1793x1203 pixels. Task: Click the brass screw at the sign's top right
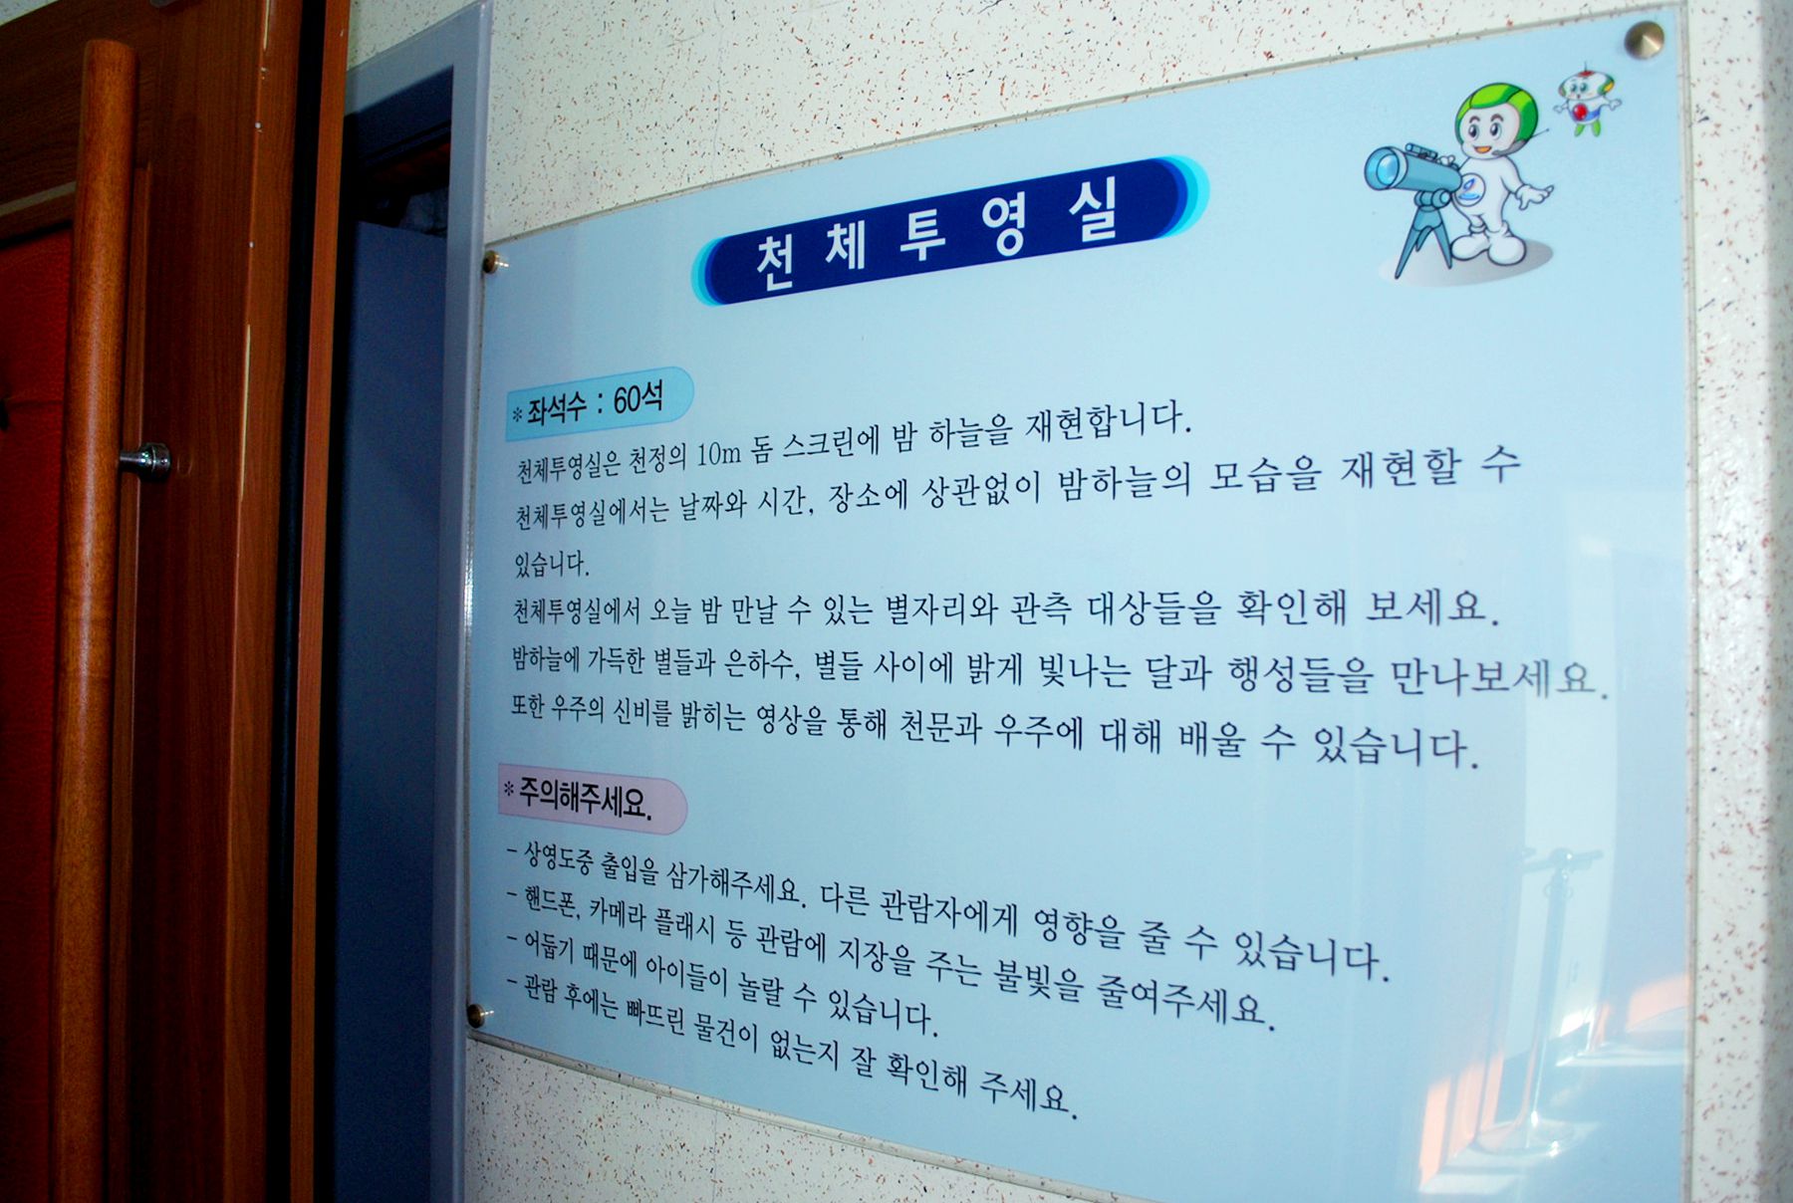click(x=1644, y=40)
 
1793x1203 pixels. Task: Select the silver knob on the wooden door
click(x=146, y=461)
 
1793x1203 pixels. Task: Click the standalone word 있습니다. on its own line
click(x=552, y=564)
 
